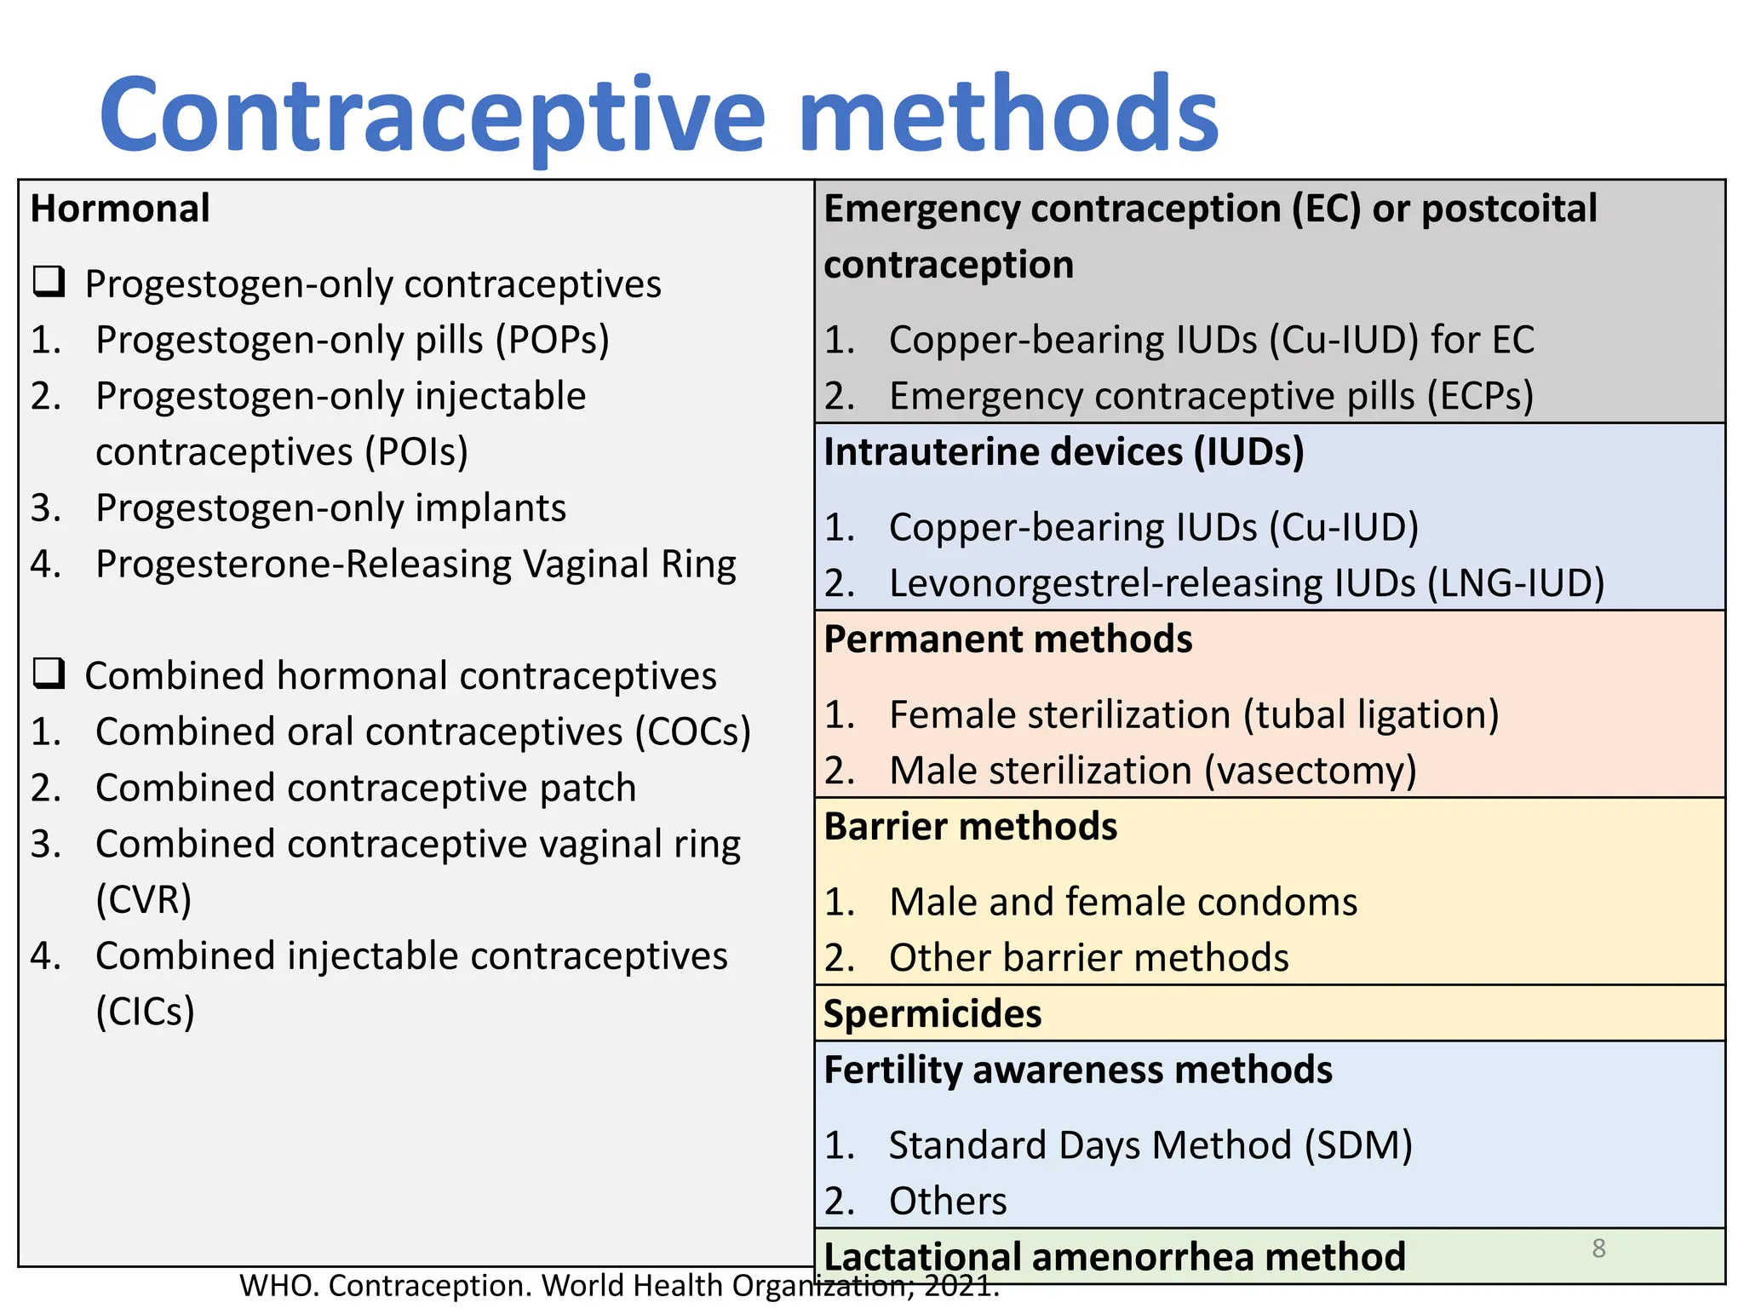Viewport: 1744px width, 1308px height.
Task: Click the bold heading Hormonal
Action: [120, 209]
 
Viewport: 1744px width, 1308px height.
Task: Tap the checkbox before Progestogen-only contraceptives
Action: [49, 281]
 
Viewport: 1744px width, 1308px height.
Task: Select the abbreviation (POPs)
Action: [554, 340]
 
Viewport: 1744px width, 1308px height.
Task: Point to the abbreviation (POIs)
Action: [416, 452]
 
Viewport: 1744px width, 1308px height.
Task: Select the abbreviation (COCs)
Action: [693, 732]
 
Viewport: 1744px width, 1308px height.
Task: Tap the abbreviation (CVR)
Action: [143, 900]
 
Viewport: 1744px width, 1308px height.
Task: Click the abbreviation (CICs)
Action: [145, 1013]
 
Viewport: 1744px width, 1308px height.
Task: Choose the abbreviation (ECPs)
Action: [1481, 396]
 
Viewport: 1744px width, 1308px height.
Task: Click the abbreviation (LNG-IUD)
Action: [1516, 583]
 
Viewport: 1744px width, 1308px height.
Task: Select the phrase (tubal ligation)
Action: [1370, 714]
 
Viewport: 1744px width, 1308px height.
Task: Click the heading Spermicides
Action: [932, 1014]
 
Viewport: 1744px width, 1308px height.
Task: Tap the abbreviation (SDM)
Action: [1358, 1145]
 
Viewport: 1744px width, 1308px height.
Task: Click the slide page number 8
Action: [1598, 1248]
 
